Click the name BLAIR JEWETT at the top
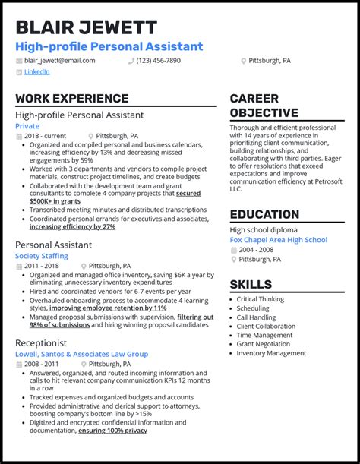pos(86,28)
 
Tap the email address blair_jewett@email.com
pos(59,60)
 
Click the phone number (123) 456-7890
pos(159,60)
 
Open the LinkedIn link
pos(36,72)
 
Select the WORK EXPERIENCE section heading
pos(71,99)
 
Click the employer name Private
pos(27,126)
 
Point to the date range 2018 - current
pos(45,137)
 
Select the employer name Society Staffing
pos(41,257)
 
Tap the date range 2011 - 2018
pos(42,267)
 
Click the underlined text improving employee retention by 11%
pos(108,308)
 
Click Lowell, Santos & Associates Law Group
pos(81,353)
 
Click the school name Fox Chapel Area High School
pos(279,240)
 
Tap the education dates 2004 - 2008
pos(257,250)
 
